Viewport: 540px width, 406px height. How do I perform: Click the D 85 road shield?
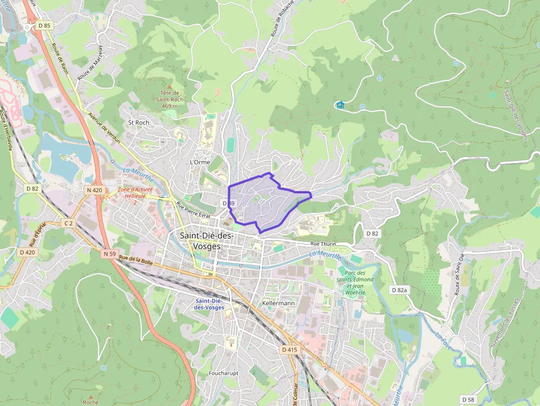(44, 25)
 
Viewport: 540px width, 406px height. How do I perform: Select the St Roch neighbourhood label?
(138, 122)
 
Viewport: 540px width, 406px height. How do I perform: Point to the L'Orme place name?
(199, 163)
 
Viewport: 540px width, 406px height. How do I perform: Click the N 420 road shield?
(94, 190)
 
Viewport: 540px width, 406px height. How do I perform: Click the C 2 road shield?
(68, 223)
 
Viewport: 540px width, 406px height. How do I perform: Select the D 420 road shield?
(26, 252)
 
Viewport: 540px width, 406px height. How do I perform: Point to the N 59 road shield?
(109, 254)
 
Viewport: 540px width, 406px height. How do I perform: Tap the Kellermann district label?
(278, 304)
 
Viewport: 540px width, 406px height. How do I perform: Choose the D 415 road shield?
(289, 349)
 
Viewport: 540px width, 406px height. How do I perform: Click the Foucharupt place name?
(223, 373)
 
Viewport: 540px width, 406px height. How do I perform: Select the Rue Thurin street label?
(323, 243)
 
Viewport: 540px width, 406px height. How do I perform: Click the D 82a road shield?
(401, 290)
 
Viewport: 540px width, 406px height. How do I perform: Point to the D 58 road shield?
(468, 399)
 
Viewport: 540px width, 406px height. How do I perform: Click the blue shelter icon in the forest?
(340, 105)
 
